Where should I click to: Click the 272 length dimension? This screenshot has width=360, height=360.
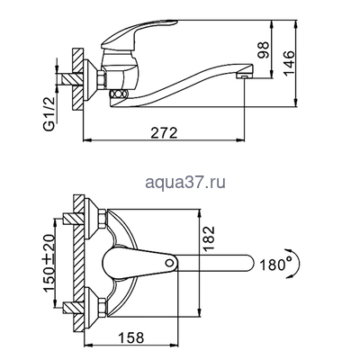point(163,131)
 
